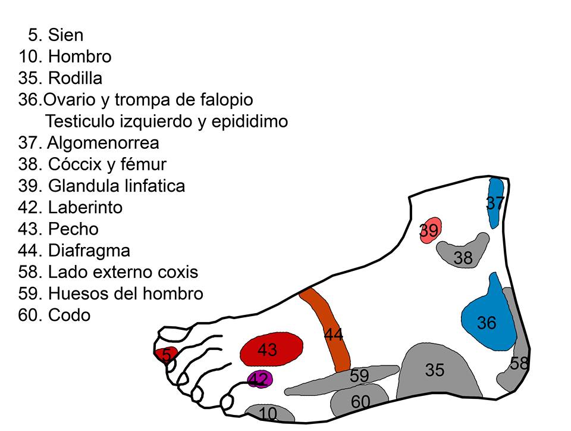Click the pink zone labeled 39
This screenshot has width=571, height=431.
(429, 230)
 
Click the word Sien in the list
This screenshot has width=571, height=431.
(65, 36)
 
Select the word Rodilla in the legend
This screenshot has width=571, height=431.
(75, 79)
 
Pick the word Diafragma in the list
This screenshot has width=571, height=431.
(89, 251)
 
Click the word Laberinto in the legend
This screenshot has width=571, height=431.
(85, 208)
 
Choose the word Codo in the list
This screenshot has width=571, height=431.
(70, 315)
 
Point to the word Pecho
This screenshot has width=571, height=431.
(73, 229)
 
